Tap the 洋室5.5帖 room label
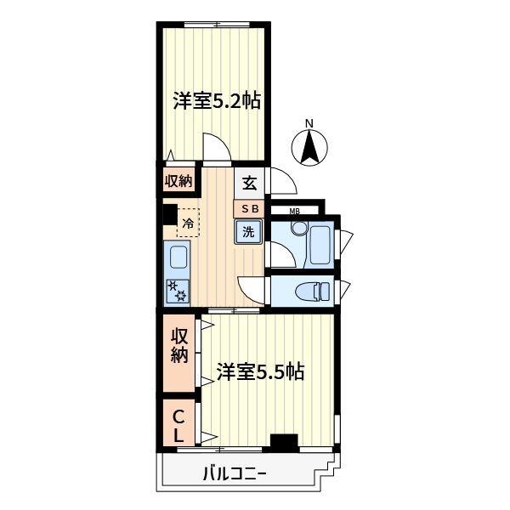(261, 371)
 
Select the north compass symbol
(310, 150)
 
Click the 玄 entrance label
(249, 182)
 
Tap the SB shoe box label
(250, 207)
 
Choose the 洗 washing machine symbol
(249, 231)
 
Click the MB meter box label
(295, 211)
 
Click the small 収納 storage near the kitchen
(178, 180)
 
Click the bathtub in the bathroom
(320, 244)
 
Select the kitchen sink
(178, 258)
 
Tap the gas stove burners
(178, 292)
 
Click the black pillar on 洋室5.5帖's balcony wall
(283, 441)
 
